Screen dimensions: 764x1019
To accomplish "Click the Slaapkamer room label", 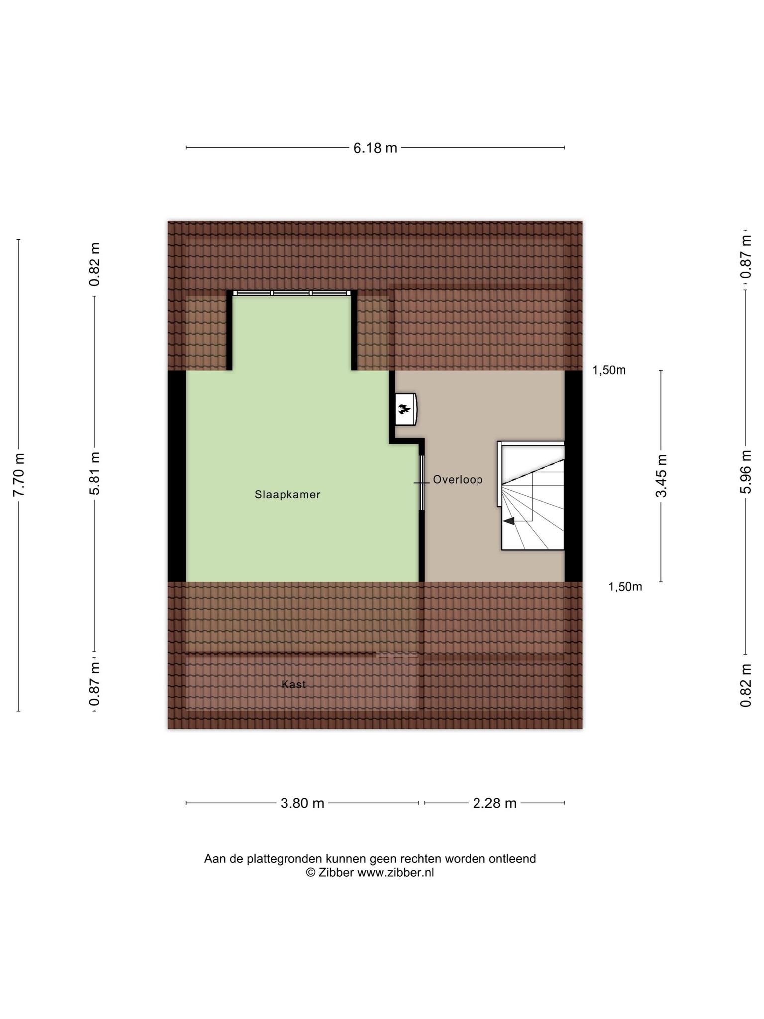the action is (x=287, y=495).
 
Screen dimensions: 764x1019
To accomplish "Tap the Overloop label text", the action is (x=458, y=480).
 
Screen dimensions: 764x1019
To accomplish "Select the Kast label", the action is (x=293, y=684).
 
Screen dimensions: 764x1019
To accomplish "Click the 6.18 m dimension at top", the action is (x=376, y=148).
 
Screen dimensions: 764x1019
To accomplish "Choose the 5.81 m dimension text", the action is (x=95, y=473).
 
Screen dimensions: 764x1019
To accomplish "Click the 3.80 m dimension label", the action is (x=302, y=803).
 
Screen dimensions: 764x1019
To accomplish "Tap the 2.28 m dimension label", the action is (x=494, y=803).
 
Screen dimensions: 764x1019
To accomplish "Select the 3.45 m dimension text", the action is (x=661, y=476).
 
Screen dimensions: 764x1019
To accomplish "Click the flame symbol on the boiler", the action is (x=403, y=409).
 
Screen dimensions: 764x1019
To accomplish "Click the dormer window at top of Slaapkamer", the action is (x=292, y=293).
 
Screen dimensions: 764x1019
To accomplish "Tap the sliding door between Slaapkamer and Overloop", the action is (x=421, y=483).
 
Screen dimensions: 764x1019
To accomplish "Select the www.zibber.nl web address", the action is (x=395, y=872).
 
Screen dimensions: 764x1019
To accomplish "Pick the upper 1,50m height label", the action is (x=609, y=370).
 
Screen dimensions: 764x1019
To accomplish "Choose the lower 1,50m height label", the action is (x=625, y=587).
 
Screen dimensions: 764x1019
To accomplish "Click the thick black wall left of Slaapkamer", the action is (x=177, y=476).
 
